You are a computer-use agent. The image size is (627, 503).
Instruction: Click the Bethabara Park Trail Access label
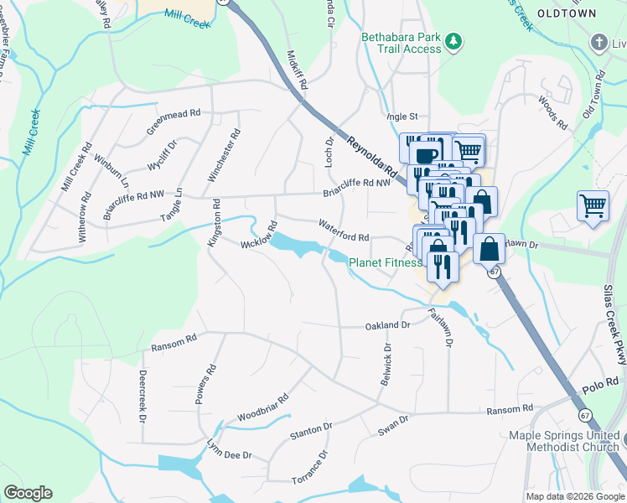(400, 43)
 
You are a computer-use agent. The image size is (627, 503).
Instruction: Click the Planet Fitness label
(385, 262)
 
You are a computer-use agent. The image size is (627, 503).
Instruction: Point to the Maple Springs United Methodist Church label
(567, 442)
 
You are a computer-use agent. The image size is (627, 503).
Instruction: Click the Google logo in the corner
(28, 493)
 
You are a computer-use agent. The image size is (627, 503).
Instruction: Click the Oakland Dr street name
(386, 325)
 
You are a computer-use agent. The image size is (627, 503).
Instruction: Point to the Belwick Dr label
(386, 363)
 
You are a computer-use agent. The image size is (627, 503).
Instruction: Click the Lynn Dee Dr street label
(230, 453)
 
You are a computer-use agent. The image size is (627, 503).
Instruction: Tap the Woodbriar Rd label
(262, 407)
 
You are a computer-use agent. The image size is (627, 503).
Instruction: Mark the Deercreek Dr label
(142, 395)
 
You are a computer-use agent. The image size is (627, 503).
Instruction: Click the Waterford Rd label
(344, 231)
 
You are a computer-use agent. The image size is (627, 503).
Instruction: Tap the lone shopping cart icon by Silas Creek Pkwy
(593, 205)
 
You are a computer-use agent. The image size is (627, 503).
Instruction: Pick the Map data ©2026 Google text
(574, 496)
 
